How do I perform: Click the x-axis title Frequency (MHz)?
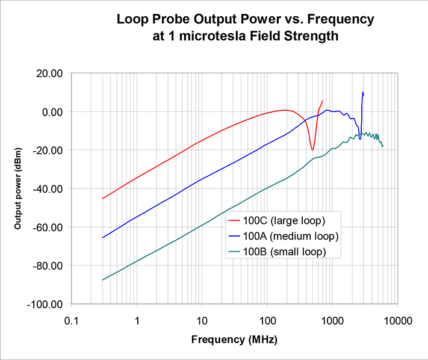(234, 340)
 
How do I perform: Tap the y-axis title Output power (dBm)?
(19, 188)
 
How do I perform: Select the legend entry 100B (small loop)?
(282, 252)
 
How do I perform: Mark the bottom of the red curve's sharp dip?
(312, 150)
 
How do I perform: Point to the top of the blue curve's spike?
(362, 92)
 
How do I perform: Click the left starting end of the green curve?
(103, 280)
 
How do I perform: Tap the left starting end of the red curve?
(103, 199)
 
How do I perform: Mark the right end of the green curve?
(382, 146)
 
